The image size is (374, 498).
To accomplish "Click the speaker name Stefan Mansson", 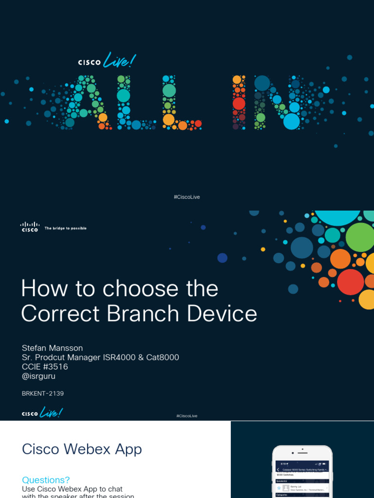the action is [52, 348].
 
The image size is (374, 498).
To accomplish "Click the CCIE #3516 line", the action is [45, 367].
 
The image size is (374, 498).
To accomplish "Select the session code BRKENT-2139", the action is [43, 393].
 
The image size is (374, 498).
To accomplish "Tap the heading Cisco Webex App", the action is [82, 449].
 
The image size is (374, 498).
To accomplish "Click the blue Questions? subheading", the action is [46, 480].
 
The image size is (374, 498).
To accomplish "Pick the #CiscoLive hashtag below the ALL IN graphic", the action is [187, 197].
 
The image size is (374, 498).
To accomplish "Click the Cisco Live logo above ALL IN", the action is [107, 61].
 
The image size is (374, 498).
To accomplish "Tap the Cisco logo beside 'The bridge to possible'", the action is [30, 227].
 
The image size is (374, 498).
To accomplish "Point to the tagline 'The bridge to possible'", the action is [66, 228].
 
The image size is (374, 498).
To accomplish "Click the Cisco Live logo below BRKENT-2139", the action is [42, 413].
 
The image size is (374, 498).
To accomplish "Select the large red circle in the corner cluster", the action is [350, 282].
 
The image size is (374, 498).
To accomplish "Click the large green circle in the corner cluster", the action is [359, 237].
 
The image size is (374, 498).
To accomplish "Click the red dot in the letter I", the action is [239, 103].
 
